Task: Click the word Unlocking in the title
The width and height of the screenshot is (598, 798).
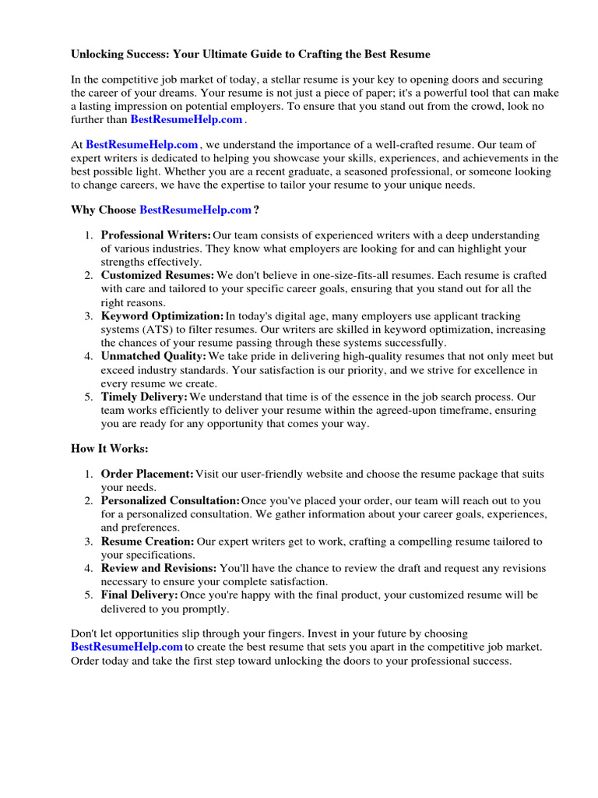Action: (98, 55)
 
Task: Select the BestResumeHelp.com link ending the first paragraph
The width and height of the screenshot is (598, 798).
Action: (186, 119)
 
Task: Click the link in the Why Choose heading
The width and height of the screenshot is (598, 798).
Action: (195, 210)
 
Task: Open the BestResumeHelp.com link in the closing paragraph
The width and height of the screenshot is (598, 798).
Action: (127, 647)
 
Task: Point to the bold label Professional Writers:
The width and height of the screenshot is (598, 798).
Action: (156, 235)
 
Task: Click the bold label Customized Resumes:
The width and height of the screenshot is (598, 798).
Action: (157, 276)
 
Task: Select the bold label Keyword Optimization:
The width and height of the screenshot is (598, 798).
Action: (162, 316)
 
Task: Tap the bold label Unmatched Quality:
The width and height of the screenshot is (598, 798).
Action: (153, 356)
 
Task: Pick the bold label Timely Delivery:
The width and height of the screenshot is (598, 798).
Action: (144, 397)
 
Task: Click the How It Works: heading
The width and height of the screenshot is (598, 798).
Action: (109, 449)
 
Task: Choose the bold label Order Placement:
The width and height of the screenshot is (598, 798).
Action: (147, 475)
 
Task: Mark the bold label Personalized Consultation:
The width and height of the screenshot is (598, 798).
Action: (170, 500)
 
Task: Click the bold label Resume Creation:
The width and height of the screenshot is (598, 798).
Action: (147, 541)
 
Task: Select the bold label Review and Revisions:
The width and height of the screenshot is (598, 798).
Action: (159, 568)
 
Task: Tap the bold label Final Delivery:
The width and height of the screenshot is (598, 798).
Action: (139, 595)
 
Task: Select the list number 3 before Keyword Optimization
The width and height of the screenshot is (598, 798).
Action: (88, 316)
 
